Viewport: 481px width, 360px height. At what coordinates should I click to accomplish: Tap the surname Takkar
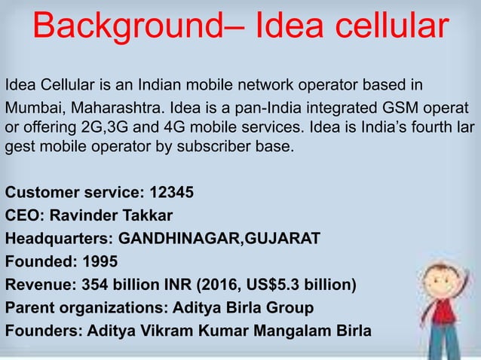tap(149, 215)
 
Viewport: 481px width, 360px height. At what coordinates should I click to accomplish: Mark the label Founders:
tap(43, 331)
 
